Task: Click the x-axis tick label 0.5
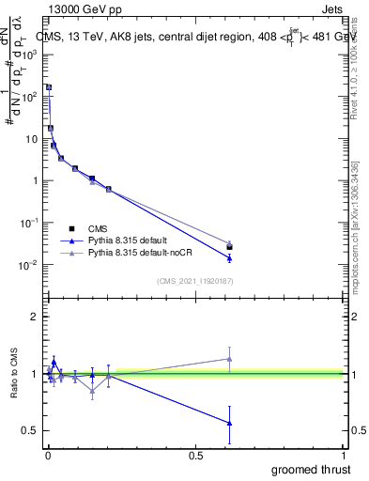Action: pos(195,455)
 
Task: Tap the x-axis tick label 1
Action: pos(346,455)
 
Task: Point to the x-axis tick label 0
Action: pos(47,455)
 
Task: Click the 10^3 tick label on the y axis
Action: pos(30,54)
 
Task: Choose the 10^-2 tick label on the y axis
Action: pos(30,265)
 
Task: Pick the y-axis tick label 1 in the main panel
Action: pos(36,180)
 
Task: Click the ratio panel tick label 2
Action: pos(36,318)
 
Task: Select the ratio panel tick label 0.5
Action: pos(30,430)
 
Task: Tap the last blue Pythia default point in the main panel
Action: pos(229,257)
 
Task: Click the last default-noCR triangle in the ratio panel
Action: pos(229,358)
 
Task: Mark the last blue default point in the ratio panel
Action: pos(229,423)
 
